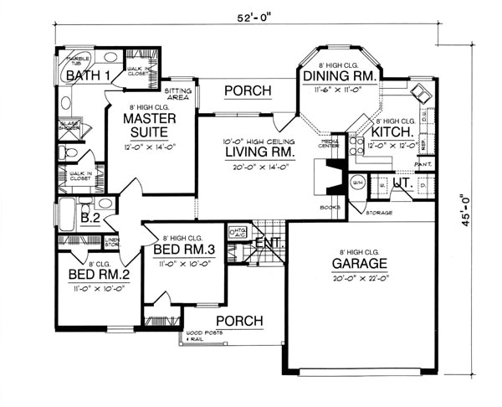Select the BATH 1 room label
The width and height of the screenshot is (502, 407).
(90, 77)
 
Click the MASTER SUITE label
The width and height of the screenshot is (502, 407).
(148, 126)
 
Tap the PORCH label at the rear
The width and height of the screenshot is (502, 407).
(248, 90)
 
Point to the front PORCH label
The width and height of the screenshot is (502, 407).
(239, 321)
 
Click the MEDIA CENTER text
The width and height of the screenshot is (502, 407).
(329, 145)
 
